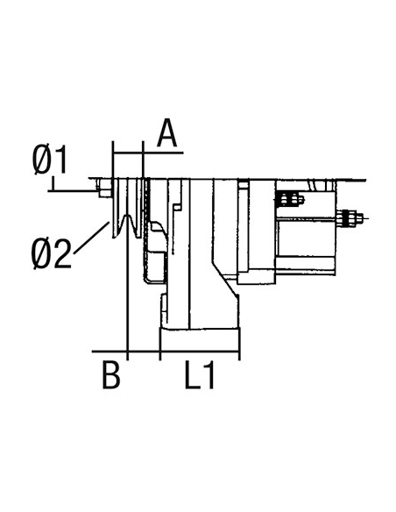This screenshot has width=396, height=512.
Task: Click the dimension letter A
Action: click(x=166, y=133)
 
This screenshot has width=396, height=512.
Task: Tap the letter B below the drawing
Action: click(x=111, y=374)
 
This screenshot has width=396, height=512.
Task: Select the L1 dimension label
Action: click(x=199, y=374)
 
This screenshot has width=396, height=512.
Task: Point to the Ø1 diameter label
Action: click(x=50, y=160)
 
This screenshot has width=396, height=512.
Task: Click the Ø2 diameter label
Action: click(x=51, y=253)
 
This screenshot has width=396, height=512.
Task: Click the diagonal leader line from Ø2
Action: click(x=91, y=238)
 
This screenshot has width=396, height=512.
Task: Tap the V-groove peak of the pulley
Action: click(x=127, y=217)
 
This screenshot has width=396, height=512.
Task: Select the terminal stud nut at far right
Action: click(x=350, y=218)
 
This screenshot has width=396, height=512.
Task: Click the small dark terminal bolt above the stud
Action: click(x=290, y=199)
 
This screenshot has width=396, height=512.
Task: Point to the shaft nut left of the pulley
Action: click(x=104, y=188)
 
